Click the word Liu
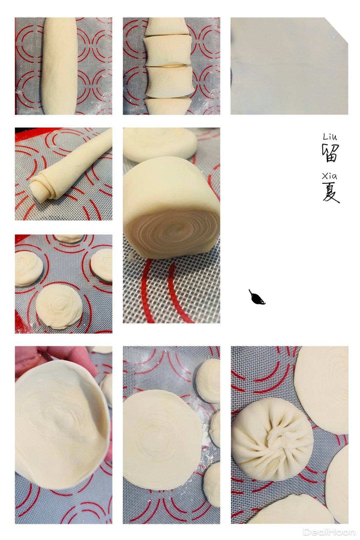(330, 137)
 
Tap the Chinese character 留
(330, 153)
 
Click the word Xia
(329, 176)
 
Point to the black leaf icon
(257, 297)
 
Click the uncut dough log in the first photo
(60, 66)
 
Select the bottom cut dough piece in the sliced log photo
(168, 106)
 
